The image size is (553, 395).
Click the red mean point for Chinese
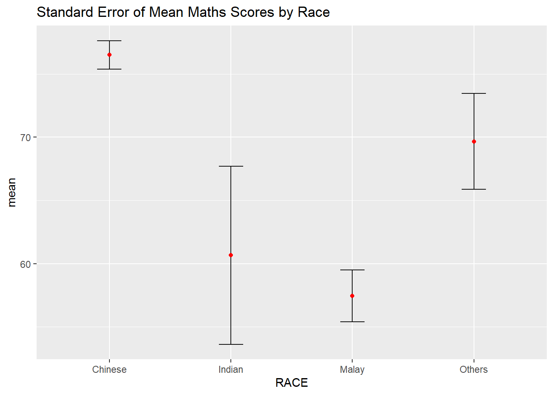click(109, 55)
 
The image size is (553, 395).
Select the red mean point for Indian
click(231, 255)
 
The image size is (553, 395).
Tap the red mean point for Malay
click(352, 296)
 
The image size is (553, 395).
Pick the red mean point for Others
click(474, 142)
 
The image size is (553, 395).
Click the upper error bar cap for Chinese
click(109, 41)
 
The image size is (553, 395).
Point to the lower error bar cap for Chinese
click(109, 69)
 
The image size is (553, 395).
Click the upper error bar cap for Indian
click(231, 166)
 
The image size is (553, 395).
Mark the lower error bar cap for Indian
click(231, 344)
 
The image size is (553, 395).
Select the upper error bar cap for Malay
click(352, 270)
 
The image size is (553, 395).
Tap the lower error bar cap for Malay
click(352, 322)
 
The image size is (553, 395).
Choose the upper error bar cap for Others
click(474, 93)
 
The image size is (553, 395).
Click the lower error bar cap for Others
click(474, 189)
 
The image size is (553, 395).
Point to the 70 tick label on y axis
click(26, 137)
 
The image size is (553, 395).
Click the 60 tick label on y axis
click(26, 264)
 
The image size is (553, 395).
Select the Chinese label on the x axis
click(109, 369)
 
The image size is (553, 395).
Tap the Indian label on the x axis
click(231, 369)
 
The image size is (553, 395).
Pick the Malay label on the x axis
click(352, 369)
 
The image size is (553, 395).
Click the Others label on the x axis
click(474, 369)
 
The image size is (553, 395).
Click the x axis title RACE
click(292, 383)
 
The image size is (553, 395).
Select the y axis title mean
click(12, 192)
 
